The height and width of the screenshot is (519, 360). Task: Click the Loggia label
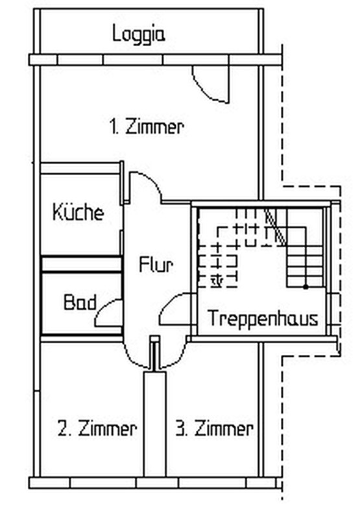(138, 34)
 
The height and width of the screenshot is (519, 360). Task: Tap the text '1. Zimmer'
(146, 127)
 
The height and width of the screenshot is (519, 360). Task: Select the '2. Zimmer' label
(97, 428)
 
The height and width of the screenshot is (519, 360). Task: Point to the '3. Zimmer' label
(214, 428)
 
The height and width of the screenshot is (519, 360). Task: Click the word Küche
(78, 212)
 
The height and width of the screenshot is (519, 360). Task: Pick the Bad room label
(80, 302)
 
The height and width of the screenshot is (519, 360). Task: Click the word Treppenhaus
(263, 318)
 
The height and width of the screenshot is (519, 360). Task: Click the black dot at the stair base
(306, 287)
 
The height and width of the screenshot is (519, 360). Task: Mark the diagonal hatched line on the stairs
(275, 227)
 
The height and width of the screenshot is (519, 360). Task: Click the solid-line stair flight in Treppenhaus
(304, 257)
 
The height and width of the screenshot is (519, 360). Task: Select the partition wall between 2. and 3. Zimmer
(154, 424)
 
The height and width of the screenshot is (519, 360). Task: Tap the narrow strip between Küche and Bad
(81, 264)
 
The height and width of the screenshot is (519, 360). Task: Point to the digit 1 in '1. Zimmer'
(112, 127)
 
